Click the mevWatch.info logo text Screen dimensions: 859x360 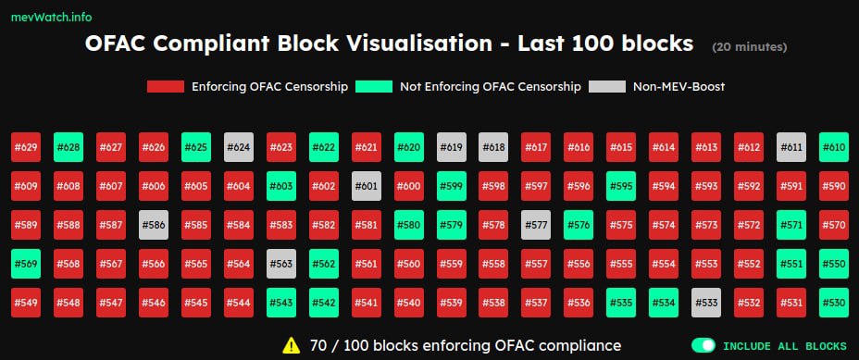tap(52, 17)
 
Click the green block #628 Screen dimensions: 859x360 tap(68, 147)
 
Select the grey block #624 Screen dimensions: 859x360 tap(239, 147)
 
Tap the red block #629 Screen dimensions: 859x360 tap(26, 147)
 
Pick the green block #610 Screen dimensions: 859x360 tap(834, 147)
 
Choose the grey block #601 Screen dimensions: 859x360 tap(367, 186)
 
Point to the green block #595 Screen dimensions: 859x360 tap(621, 186)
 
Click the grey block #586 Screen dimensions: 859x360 tap(154, 225)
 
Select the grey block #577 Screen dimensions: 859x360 tap(536, 225)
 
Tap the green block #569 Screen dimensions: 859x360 tap(26, 264)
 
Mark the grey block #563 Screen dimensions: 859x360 tap(281, 264)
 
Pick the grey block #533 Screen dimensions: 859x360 tap(706, 303)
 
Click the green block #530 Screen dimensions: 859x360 tap(834, 303)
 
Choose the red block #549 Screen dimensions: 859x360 tap(26, 303)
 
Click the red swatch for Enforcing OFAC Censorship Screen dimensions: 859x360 tap(166, 87)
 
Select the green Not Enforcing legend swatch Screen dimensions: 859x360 tap(374, 87)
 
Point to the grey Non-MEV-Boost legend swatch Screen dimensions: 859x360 tap(607, 87)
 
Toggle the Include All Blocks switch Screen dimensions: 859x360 tap(703, 345)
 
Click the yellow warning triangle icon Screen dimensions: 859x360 tap(292, 345)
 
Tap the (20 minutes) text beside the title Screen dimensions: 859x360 tap(750, 47)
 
